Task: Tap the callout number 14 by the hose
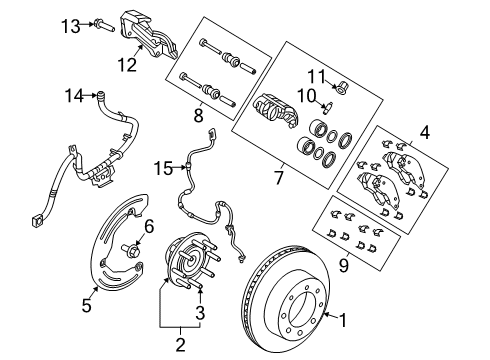pyautogui.click(x=71, y=97)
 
